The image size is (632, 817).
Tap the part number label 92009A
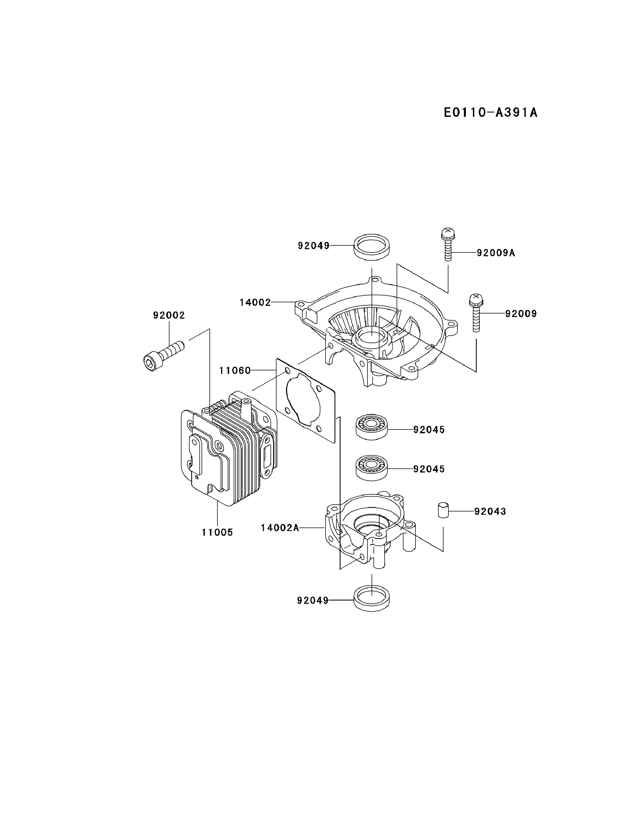pos(496,253)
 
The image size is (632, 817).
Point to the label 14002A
pos(280,528)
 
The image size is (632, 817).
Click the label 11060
pos(235,370)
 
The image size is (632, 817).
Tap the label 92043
pos(490,511)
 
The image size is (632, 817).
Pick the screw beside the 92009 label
pos(476,312)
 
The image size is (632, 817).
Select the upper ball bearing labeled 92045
pos(371,426)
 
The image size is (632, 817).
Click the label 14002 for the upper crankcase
pos(255,302)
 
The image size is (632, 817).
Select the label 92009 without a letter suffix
pos(521,313)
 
